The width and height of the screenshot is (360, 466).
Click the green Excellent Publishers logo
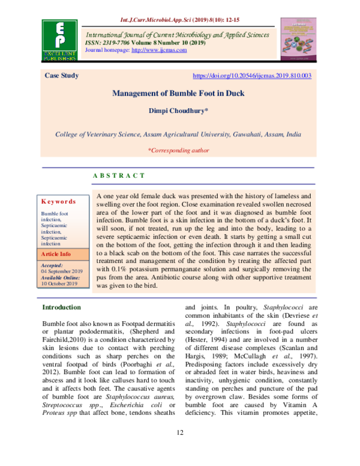pyautogui.click(x=59, y=41)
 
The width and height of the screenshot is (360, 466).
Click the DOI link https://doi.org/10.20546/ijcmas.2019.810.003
pyautogui.click(x=251, y=76)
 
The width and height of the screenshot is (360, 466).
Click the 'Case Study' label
pyautogui.click(x=62, y=76)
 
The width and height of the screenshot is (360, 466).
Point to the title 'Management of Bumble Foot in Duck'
pyautogui.click(x=179, y=94)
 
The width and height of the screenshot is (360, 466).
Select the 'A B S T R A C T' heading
pyautogui.click(x=118, y=175)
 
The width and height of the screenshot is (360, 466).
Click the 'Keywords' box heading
pyautogui.click(x=58, y=202)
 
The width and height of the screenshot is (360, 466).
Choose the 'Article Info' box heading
pyautogui.click(x=56, y=254)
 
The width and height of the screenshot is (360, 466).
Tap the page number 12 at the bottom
pyautogui.click(x=179, y=450)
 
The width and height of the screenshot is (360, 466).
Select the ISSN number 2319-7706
pyautogui.click(x=119, y=42)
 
